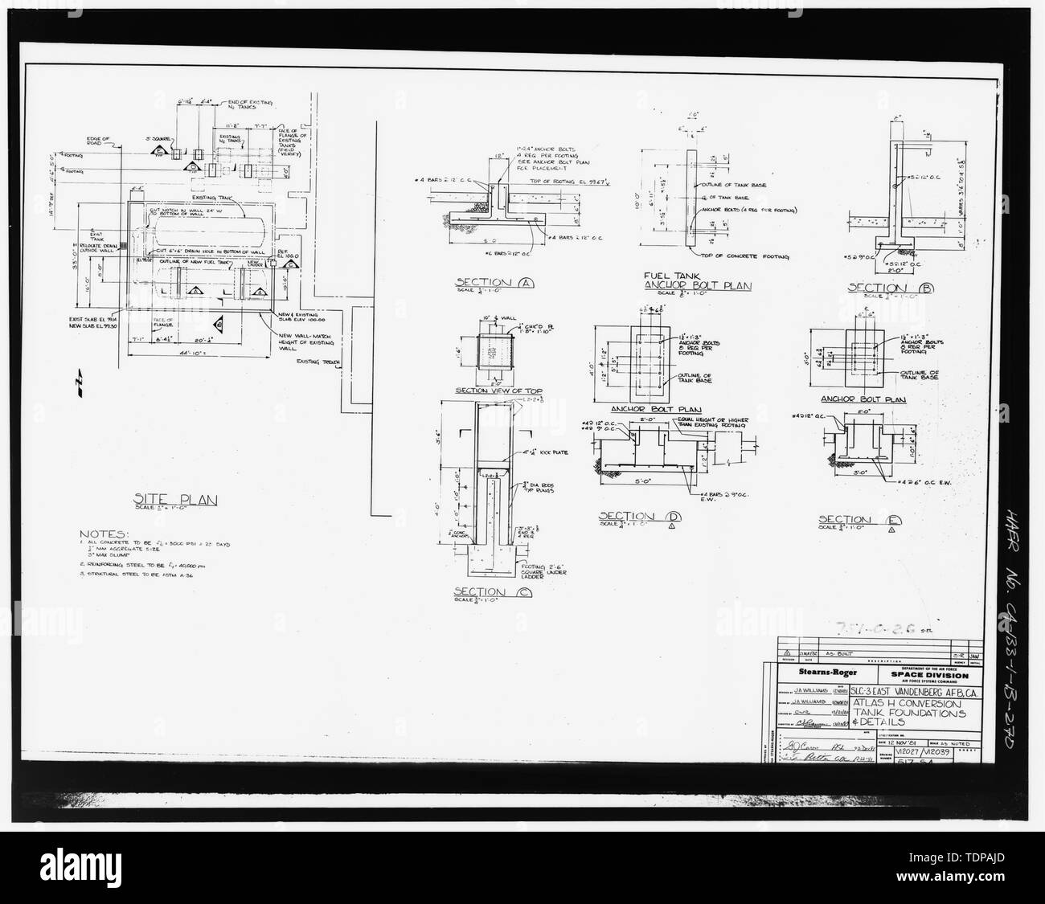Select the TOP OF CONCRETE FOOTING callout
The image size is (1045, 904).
[744, 256]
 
